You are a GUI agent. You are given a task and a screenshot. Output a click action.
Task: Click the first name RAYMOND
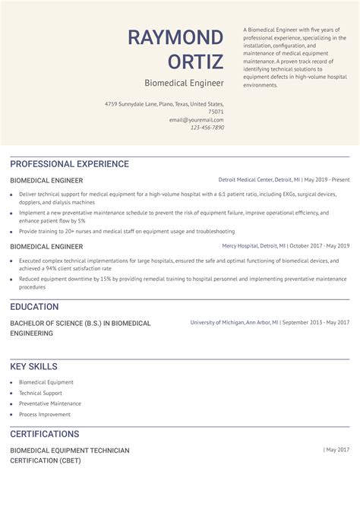[x=175, y=37]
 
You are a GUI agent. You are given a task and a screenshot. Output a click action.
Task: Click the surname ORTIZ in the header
[x=196, y=62]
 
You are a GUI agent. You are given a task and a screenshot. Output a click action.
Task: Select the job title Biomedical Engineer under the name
[x=185, y=82]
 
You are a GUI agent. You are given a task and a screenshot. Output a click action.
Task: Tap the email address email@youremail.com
[x=197, y=120]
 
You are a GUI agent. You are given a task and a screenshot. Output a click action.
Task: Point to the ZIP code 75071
[x=216, y=112]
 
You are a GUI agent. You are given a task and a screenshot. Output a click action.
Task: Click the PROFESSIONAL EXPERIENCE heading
[x=69, y=164]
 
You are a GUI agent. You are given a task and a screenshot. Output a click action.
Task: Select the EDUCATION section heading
[x=34, y=307]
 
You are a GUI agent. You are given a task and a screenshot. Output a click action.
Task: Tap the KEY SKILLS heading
[x=33, y=366]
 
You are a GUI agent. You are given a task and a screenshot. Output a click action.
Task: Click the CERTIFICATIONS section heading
[x=44, y=434]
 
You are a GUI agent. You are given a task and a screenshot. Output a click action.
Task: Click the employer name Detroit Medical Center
[x=245, y=180]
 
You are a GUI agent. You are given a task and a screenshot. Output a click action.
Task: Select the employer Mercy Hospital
[x=239, y=246]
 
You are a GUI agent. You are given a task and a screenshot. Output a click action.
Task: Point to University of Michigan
[x=217, y=323]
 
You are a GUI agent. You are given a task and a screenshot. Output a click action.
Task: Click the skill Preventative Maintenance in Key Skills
[x=50, y=403]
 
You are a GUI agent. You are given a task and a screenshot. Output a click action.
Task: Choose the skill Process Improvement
[x=45, y=414]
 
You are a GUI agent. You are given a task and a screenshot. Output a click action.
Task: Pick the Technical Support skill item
[x=41, y=393]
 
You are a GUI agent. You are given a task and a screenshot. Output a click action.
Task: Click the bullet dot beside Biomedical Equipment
[x=11, y=382]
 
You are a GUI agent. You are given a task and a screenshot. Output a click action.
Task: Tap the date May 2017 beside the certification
[x=338, y=450]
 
